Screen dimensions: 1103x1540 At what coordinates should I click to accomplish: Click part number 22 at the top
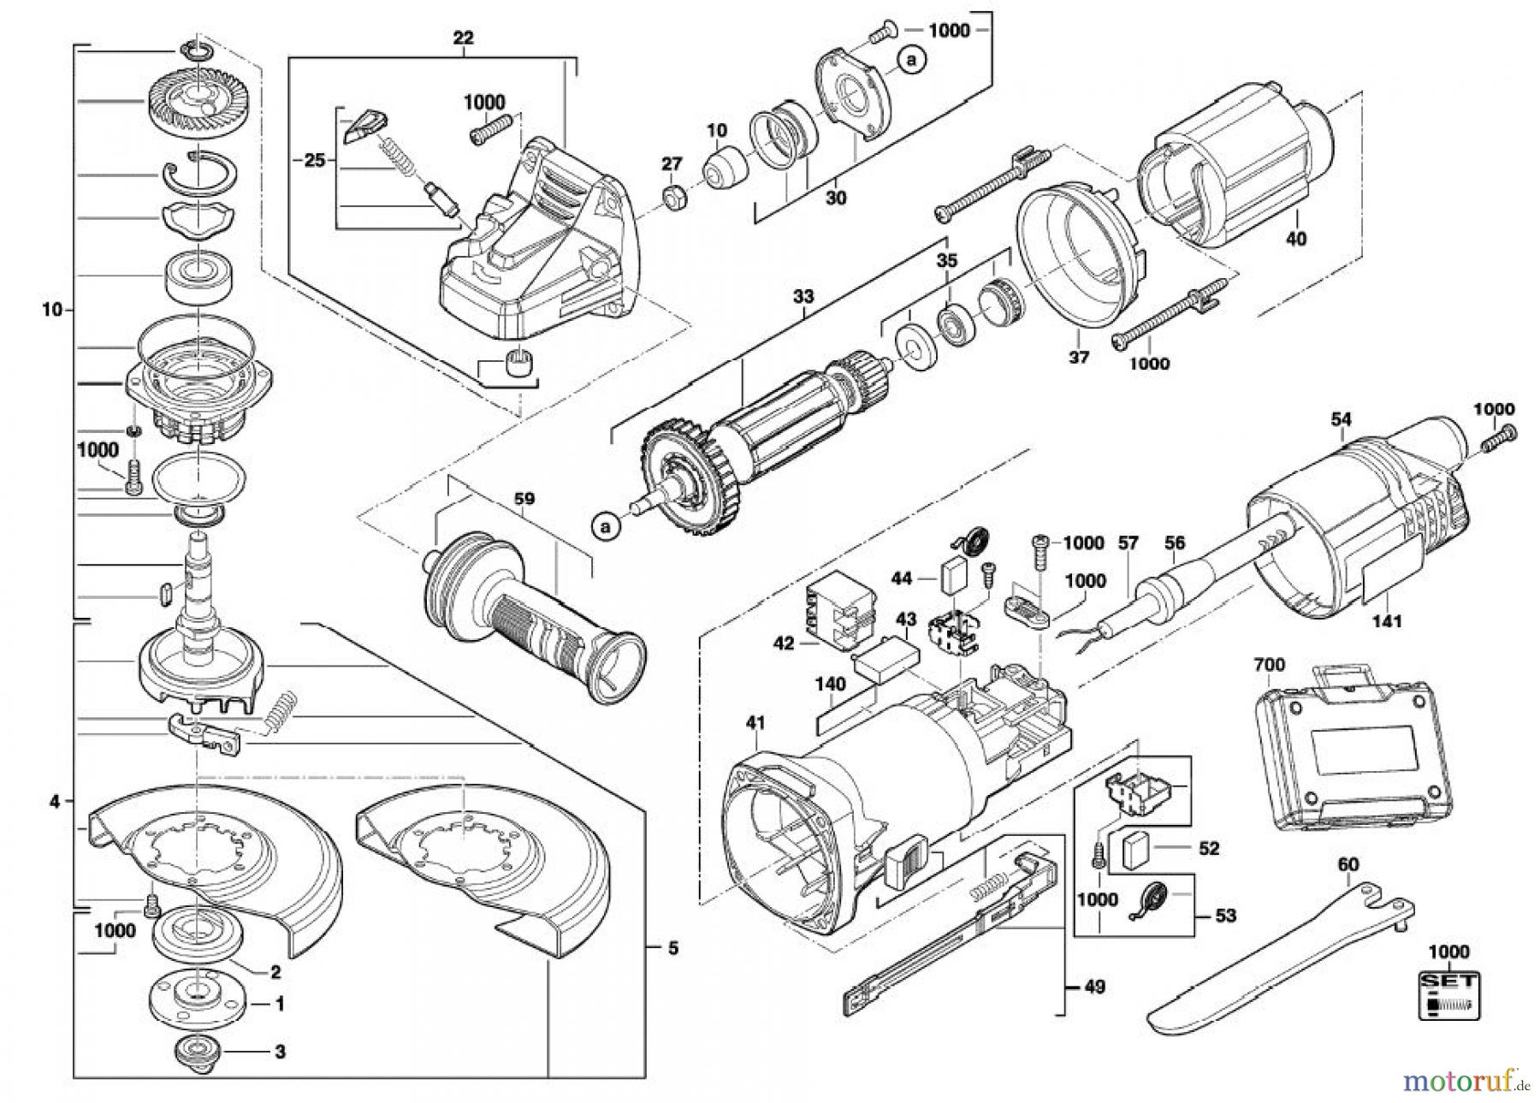coord(463,39)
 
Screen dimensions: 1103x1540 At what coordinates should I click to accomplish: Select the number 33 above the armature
coord(803,298)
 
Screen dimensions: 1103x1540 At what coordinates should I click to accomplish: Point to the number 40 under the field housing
coord(1296,239)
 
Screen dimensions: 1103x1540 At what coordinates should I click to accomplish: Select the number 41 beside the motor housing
coord(754,724)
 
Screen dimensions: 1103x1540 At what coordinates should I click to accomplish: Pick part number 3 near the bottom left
coord(280,1053)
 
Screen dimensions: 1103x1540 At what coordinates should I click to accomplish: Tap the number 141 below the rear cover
coord(1387,620)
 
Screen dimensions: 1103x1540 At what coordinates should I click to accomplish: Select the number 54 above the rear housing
coord(1341,419)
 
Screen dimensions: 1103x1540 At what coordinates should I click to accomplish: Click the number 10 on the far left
coord(52,310)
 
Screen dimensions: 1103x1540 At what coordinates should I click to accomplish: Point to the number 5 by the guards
coord(672,948)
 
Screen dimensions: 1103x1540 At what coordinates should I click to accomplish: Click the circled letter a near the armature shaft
coord(606,527)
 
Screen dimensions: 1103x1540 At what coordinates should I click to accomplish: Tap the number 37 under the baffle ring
coord(1079,357)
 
